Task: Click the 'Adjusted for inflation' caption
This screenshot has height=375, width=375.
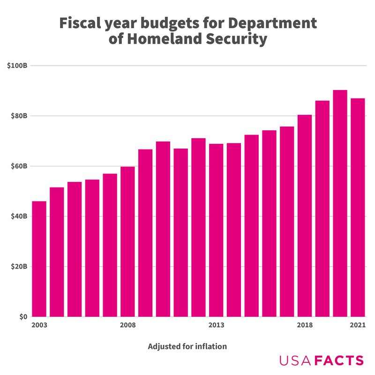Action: pos(187,347)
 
